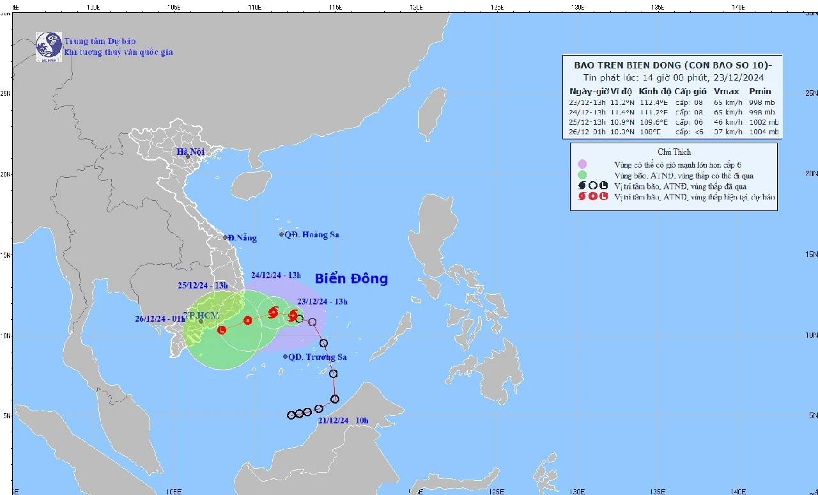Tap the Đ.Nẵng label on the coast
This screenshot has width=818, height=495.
(243, 238)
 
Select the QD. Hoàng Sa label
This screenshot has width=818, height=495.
(311, 235)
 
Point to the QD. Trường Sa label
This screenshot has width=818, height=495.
(317, 357)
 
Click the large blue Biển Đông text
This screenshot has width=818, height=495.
(351, 279)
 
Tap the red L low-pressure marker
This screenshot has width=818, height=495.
(222, 330)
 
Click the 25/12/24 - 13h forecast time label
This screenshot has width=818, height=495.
(203, 285)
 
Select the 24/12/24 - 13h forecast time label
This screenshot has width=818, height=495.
(275, 275)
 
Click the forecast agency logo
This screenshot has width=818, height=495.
(49, 47)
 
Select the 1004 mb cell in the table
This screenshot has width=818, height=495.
(765, 132)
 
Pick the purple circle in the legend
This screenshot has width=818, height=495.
(582, 164)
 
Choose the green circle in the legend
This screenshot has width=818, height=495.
(582, 175)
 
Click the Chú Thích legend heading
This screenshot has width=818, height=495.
(674, 152)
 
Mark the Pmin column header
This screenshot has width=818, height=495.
(760, 91)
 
